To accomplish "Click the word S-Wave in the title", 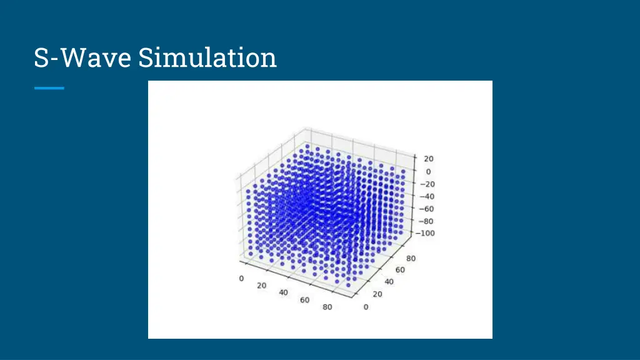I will coord(82,58).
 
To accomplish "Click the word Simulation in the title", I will coord(207,58).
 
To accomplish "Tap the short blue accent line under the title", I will coord(49,88).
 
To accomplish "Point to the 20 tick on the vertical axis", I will coord(429,159).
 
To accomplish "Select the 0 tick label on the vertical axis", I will coord(429,171).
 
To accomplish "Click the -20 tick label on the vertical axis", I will coord(427,184).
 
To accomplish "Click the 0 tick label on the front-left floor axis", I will coord(241,279).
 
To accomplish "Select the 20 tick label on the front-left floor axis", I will coord(261,286).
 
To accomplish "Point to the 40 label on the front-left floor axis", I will coord(282,292).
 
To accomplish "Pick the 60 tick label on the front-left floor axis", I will coord(304,300).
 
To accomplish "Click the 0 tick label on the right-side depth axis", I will coord(366,306).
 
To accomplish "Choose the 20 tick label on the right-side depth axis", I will coord(377,294).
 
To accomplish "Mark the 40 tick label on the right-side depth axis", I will coord(388,281).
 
